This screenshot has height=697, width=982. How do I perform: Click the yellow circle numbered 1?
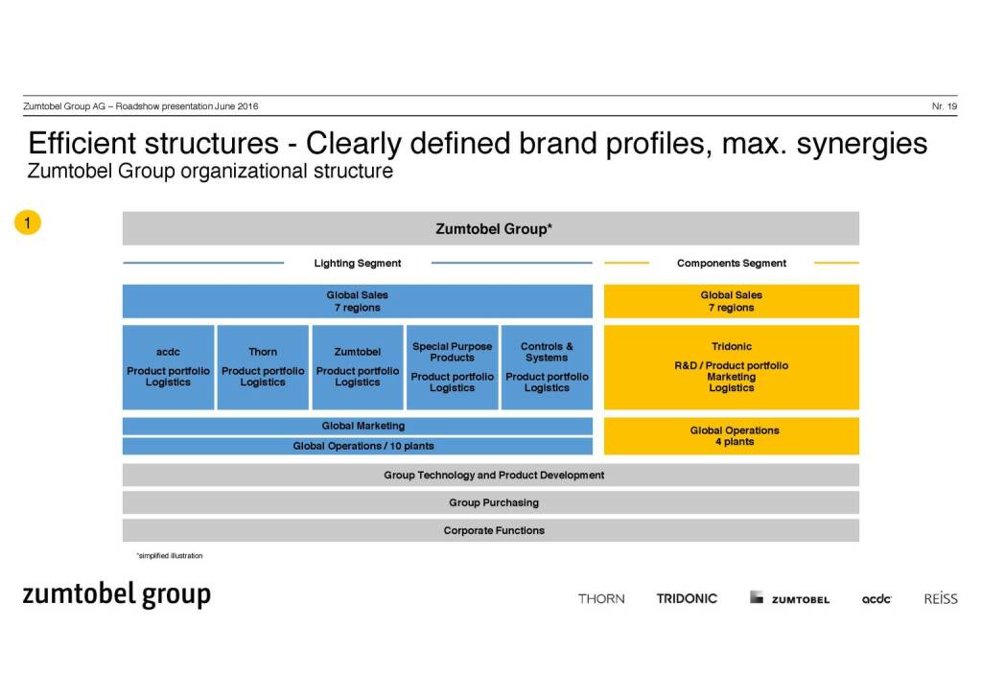tap(28, 223)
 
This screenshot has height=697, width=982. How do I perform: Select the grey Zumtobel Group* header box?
tap(490, 229)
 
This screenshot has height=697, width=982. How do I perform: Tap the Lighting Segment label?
tap(358, 263)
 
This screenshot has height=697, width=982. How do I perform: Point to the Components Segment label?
tap(731, 263)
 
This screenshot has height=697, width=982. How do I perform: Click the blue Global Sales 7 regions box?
tap(357, 301)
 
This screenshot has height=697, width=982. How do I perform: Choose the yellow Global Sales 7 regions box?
tap(731, 301)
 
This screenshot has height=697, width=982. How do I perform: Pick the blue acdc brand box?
tap(168, 367)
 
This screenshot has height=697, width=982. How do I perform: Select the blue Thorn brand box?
tap(263, 367)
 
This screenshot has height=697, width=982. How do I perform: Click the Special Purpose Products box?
tap(452, 367)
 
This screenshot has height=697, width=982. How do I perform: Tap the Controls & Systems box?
tap(547, 367)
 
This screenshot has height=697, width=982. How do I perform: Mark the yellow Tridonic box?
tap(731, 367)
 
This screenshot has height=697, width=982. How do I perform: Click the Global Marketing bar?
tap(357, 426)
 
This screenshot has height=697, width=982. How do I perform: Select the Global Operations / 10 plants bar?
tap(357, 446)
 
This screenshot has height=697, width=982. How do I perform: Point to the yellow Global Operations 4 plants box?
tap(731, 436)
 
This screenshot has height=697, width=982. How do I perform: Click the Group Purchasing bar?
tap(490, 502)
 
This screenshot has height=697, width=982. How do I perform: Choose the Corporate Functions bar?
tap(490, 530)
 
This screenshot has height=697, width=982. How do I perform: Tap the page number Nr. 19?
tap(944, 106)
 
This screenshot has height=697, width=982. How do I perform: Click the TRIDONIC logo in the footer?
tap(687, 598)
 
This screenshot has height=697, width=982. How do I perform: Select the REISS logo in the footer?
tap(940, 598)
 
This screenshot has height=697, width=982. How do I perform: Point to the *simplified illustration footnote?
tap(169, 556)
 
